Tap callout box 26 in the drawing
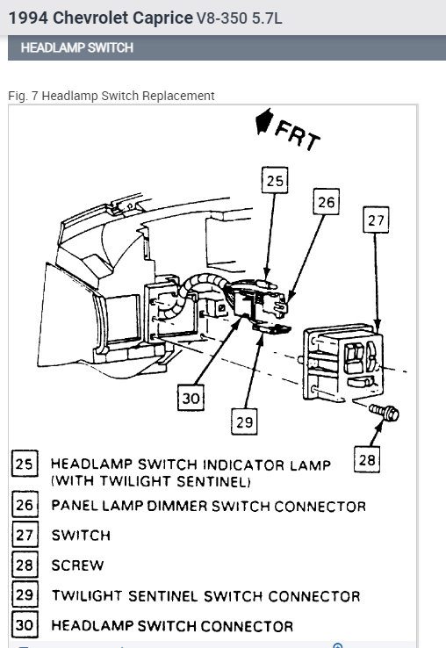pos(326,202)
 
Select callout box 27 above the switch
pos(376,220)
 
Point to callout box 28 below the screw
pos(370,457)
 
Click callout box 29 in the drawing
pos(245,421)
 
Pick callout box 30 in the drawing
pos(191,399)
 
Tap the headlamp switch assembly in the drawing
pos(343,362)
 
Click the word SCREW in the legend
pos(77,565)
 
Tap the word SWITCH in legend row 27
pos(81,535)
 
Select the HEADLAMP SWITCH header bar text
pos(77,47)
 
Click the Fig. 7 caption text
pos(110,95)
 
